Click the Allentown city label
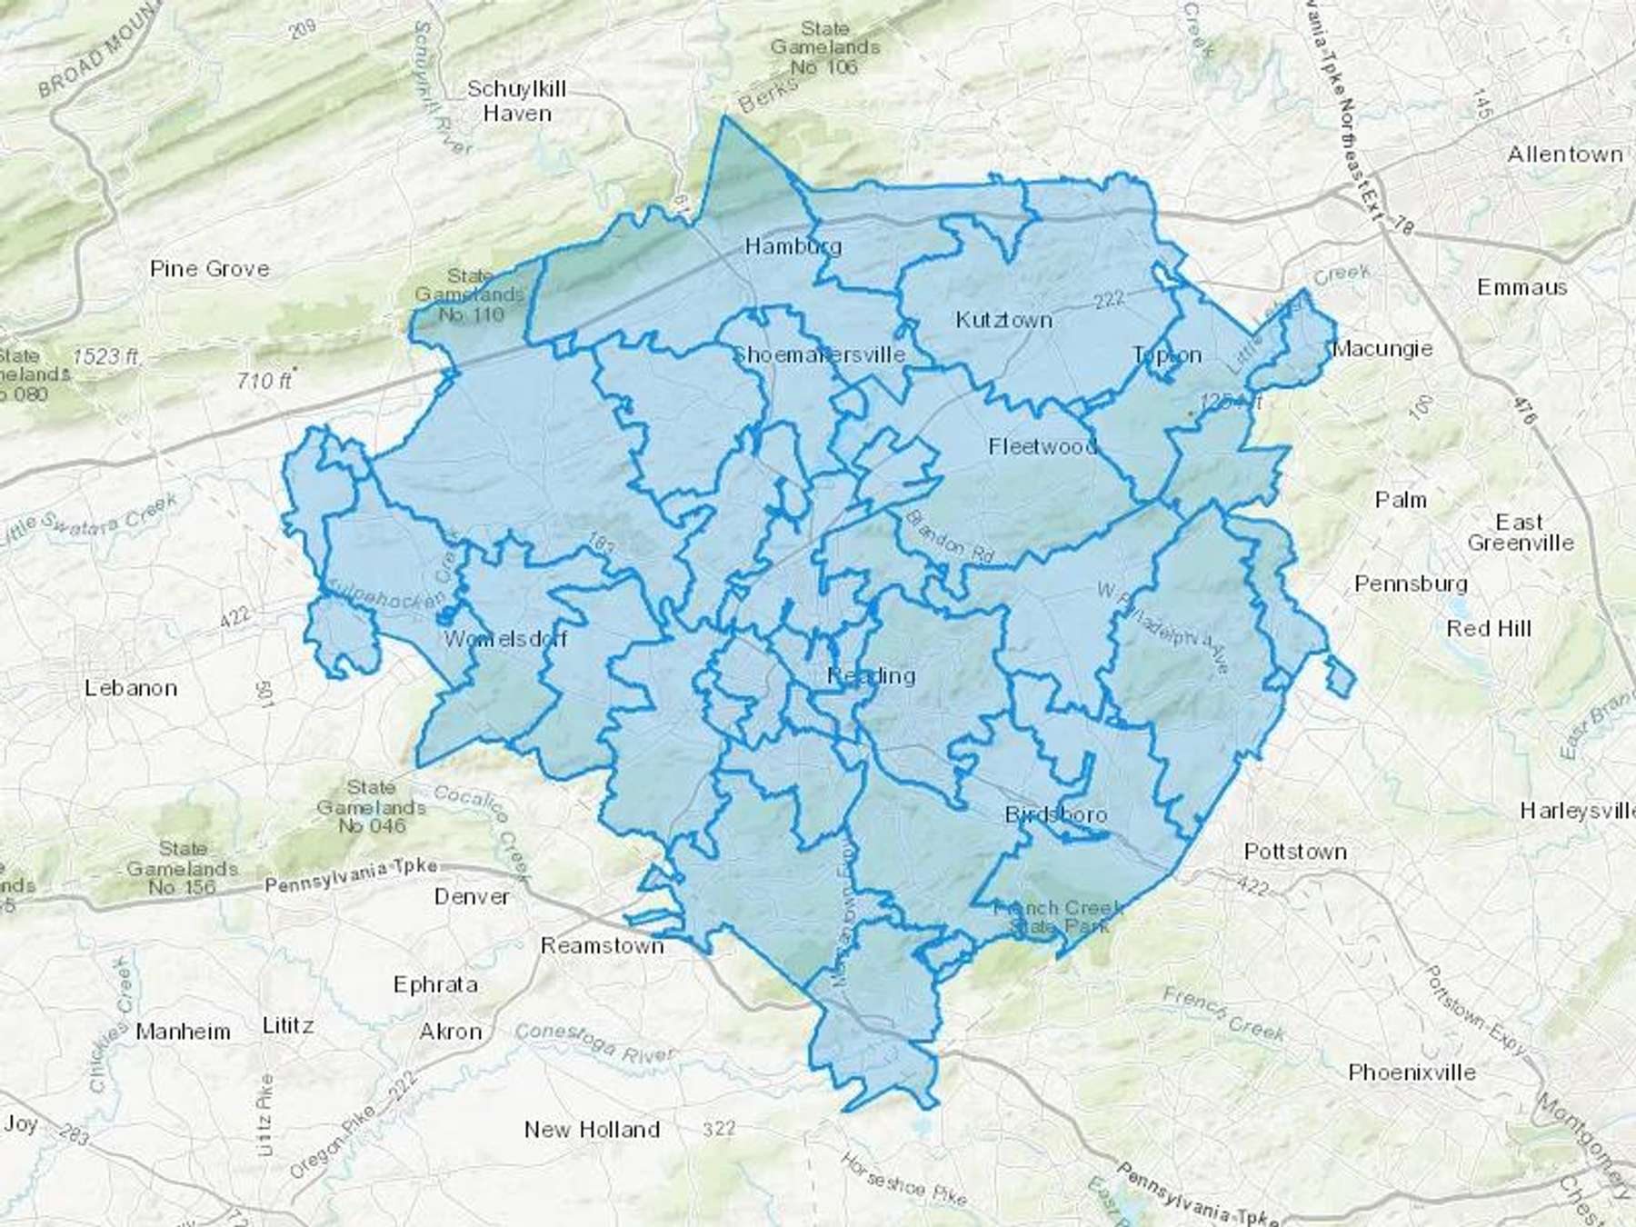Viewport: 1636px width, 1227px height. coord(1565,155)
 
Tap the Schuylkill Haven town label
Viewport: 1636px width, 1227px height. coord(516,101)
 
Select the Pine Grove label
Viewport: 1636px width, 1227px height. coord(210,269)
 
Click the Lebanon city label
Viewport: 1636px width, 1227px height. coord(131,688)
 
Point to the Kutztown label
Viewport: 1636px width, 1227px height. coord(1003,320)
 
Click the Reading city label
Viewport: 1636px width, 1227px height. coord(871,675)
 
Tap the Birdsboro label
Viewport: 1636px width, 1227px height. coord(1055,814)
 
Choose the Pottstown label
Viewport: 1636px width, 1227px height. coord(1295,852)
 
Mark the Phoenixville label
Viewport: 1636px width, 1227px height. coord(1412,1072)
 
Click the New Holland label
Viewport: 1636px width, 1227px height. coord(592,1130)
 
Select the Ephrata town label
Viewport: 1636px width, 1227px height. coord(435,984)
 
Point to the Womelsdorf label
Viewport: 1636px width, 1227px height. coord(505,639)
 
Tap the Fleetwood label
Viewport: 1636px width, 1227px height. coord(1042,446)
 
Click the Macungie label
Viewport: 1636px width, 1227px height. coord(1382,349)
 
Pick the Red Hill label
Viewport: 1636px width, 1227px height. coord(1489,628)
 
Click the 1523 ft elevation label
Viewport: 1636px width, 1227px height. coord(105,356)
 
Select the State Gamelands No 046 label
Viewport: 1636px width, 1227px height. coord(371,806)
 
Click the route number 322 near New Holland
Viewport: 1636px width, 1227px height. coord(718,1129)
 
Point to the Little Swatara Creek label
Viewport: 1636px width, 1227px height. coord(86,523)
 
